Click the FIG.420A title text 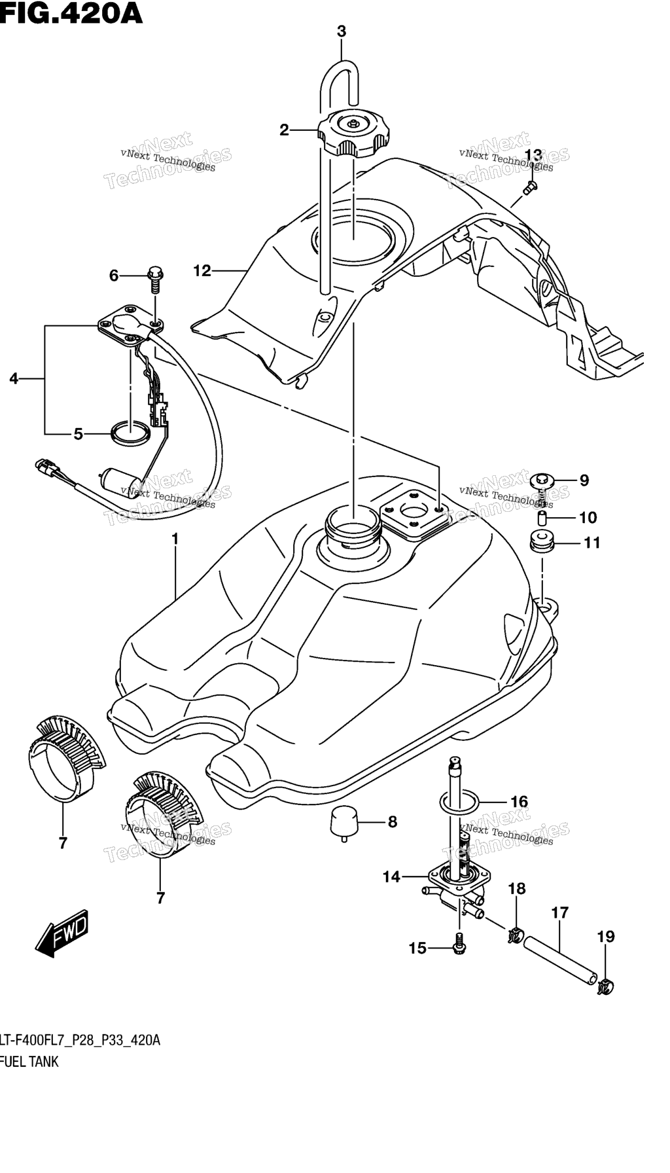[x=71, y=12]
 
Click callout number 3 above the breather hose [x=342, y=31]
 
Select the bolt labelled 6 [x=155, y=278]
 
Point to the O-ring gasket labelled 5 [x=130, y=433]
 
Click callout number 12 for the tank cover [x=202, y=270]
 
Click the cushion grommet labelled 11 [x=542, y=542]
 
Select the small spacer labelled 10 [x=542, y=518]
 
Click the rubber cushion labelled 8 [x=345, y=822]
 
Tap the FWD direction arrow [x=62, y=933]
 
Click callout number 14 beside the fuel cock [x=391, y=876]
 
